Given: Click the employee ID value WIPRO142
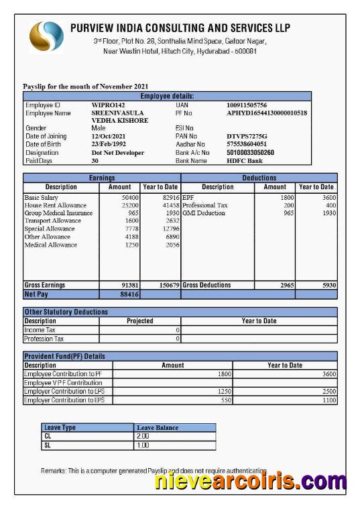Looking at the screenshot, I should (x=108, y=105).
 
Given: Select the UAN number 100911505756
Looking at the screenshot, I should (x=246, y=105).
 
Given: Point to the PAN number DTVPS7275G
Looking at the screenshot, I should (x=247, y=136).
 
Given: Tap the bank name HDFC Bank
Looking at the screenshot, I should (x=245, y=160).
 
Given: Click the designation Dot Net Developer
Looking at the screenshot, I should (x=117, y=152).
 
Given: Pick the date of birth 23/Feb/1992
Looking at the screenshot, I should (x=109, y=144).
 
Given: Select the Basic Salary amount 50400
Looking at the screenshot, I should (x=129, y=198).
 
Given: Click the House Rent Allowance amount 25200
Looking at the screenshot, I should (x=129, y=205).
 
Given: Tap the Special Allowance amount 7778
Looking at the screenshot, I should (x=131, y=229).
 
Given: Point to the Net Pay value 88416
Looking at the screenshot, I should (x=129, y=294).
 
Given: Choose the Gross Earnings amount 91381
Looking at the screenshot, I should (x=129, y=285).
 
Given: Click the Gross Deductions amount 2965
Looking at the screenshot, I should (x=286, y=285).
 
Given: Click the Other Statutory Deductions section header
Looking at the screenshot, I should (x=66, y=312).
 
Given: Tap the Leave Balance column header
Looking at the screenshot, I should (x=158, y=427).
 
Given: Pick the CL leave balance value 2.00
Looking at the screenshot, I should (x=142, y=436).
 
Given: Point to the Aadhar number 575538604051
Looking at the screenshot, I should (x=246, y=144).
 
